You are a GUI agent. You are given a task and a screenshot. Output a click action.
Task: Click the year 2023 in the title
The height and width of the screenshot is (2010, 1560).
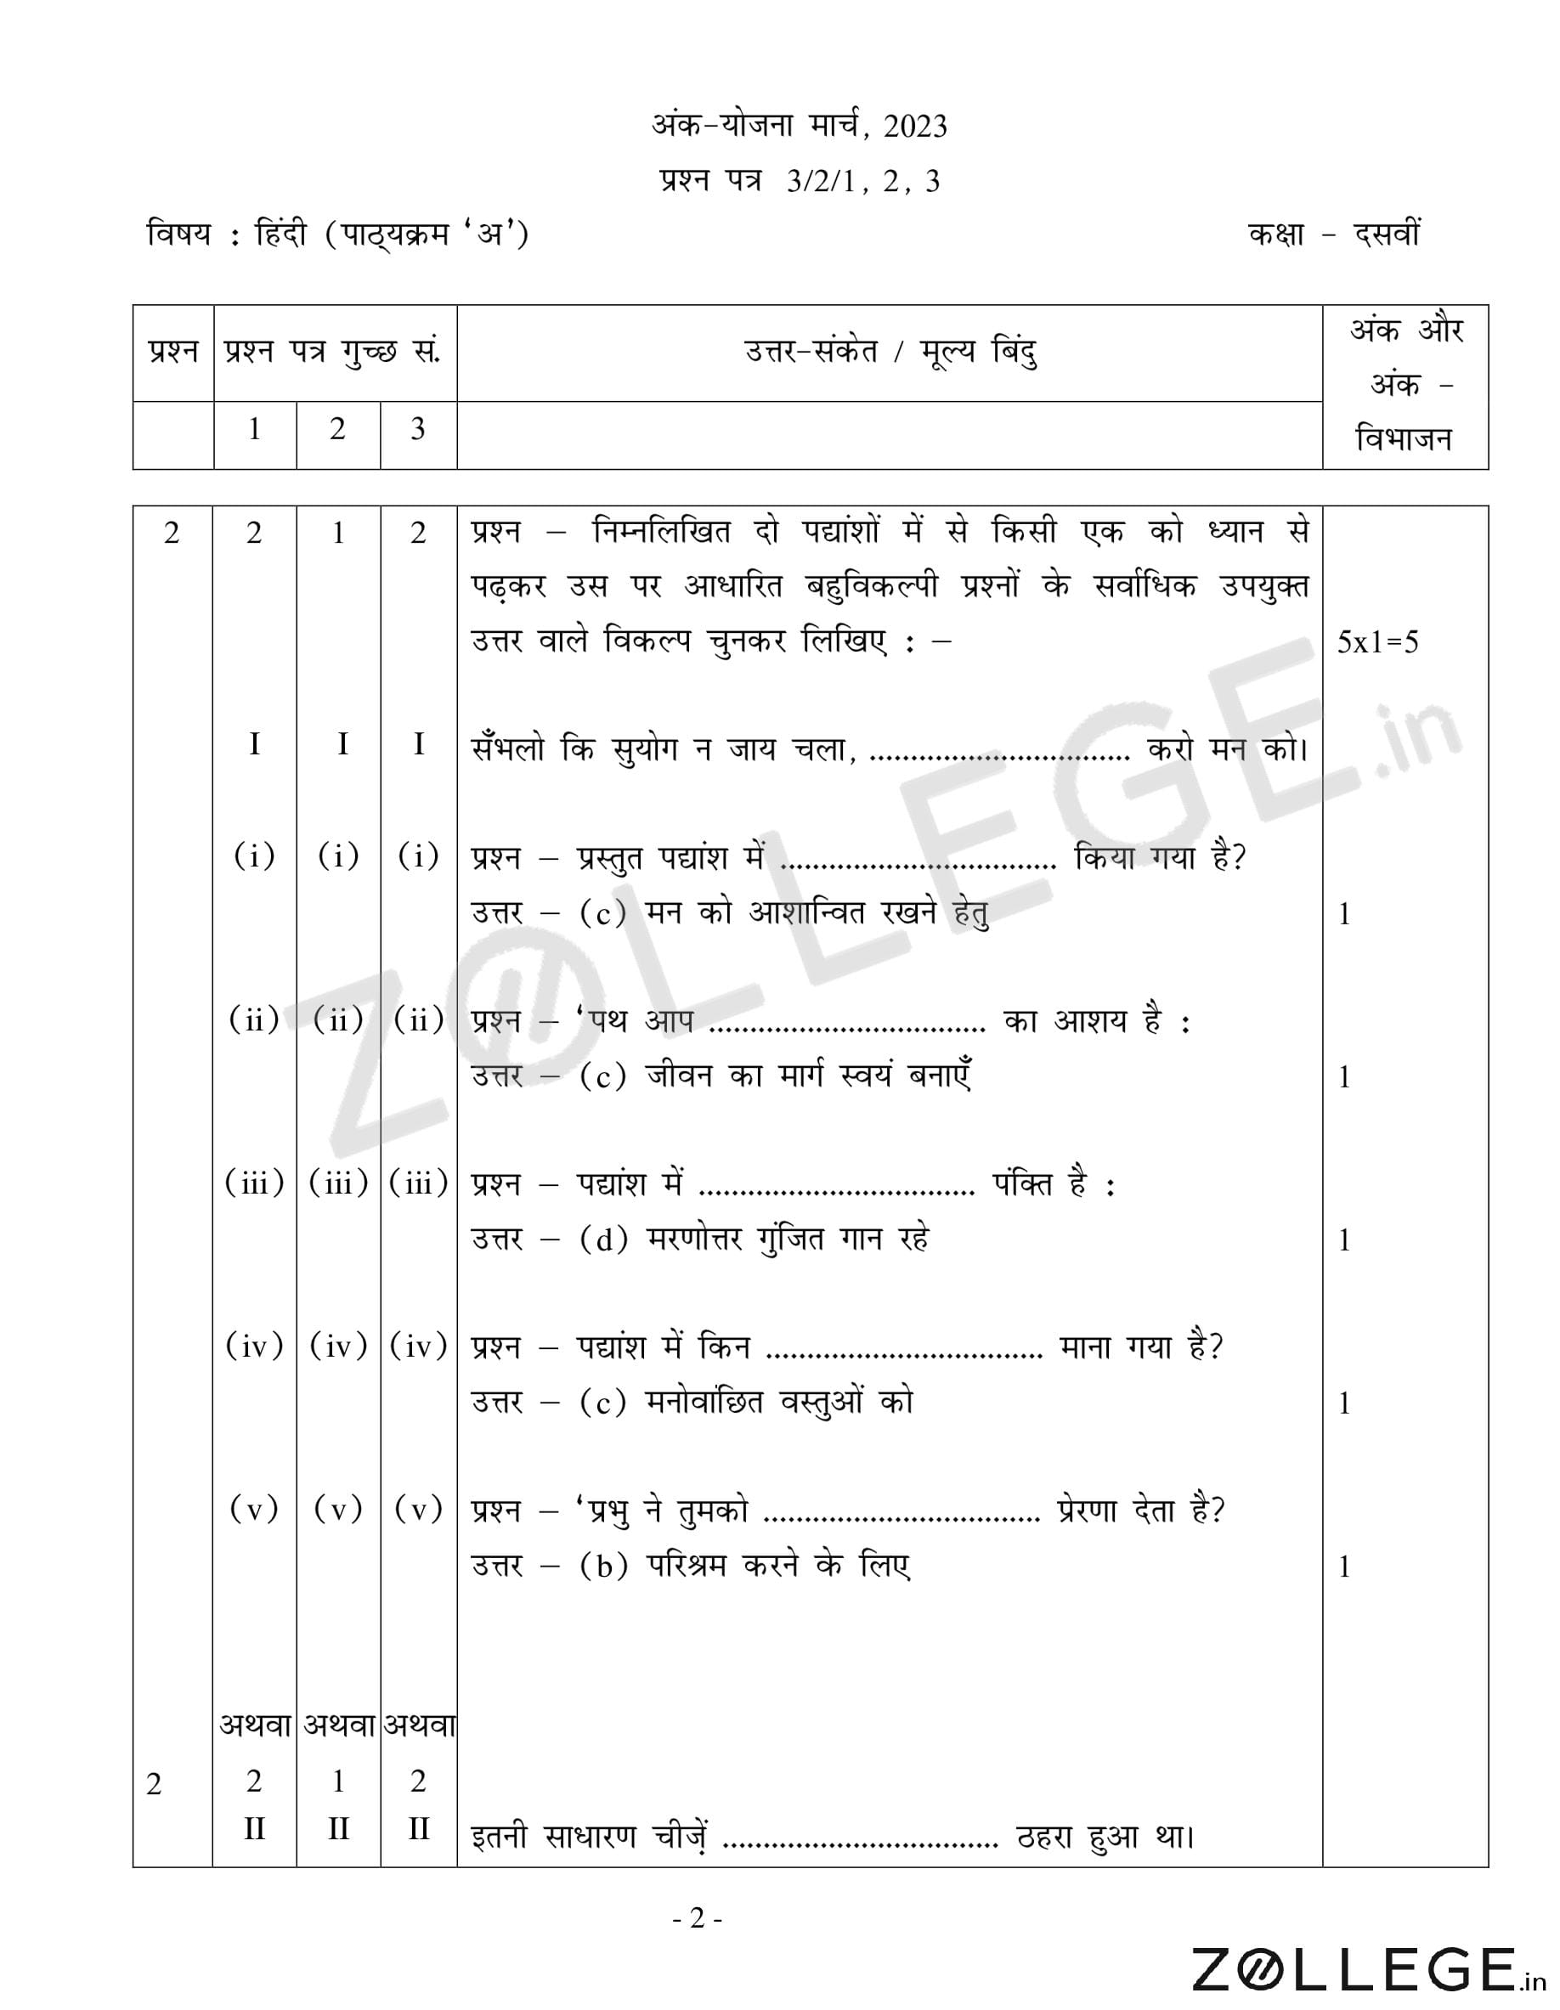914,126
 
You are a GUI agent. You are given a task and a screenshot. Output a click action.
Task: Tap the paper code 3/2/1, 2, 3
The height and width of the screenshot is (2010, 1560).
862,181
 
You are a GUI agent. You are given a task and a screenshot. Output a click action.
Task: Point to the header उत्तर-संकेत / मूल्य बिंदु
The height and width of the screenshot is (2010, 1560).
890,352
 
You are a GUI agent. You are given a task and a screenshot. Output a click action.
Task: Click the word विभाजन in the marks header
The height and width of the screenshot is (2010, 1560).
1405,439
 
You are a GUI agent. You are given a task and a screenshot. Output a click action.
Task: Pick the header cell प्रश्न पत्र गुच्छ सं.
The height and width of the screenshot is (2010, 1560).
334,352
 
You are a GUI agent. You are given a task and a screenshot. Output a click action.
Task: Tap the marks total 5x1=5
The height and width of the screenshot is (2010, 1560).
1378,642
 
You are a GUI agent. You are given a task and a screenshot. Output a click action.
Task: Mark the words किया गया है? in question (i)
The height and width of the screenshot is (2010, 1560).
1160,859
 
